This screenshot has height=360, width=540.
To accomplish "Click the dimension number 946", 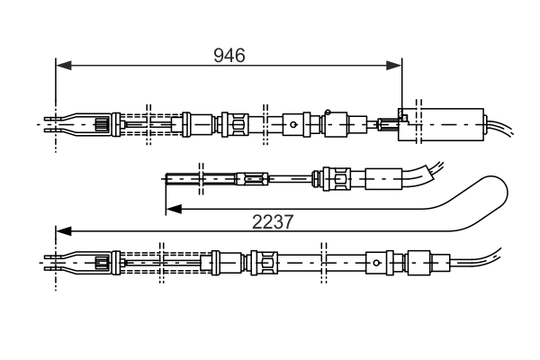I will (229, 56).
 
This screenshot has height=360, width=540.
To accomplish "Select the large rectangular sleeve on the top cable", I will (452, 123).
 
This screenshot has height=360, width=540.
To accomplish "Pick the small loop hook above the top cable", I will (328, 112).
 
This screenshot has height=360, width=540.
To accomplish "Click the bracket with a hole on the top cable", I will (295, 123).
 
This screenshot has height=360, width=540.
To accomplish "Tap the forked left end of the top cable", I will (54, 123).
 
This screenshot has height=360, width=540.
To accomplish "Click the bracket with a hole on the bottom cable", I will (377, 262).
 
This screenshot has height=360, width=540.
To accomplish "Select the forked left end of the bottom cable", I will (54, 262).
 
